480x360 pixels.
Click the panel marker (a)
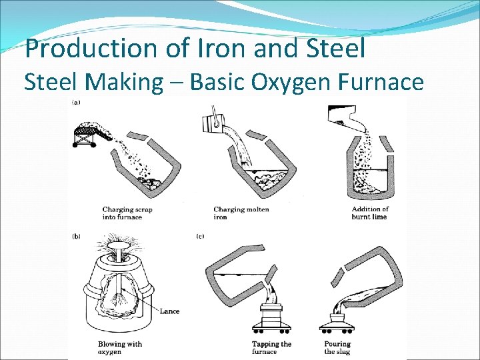76,103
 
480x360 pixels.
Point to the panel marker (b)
76,236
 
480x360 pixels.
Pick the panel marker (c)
200,236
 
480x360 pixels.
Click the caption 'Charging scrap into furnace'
127,213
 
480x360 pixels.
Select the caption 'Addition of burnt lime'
370,213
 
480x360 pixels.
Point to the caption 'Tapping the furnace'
272,347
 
